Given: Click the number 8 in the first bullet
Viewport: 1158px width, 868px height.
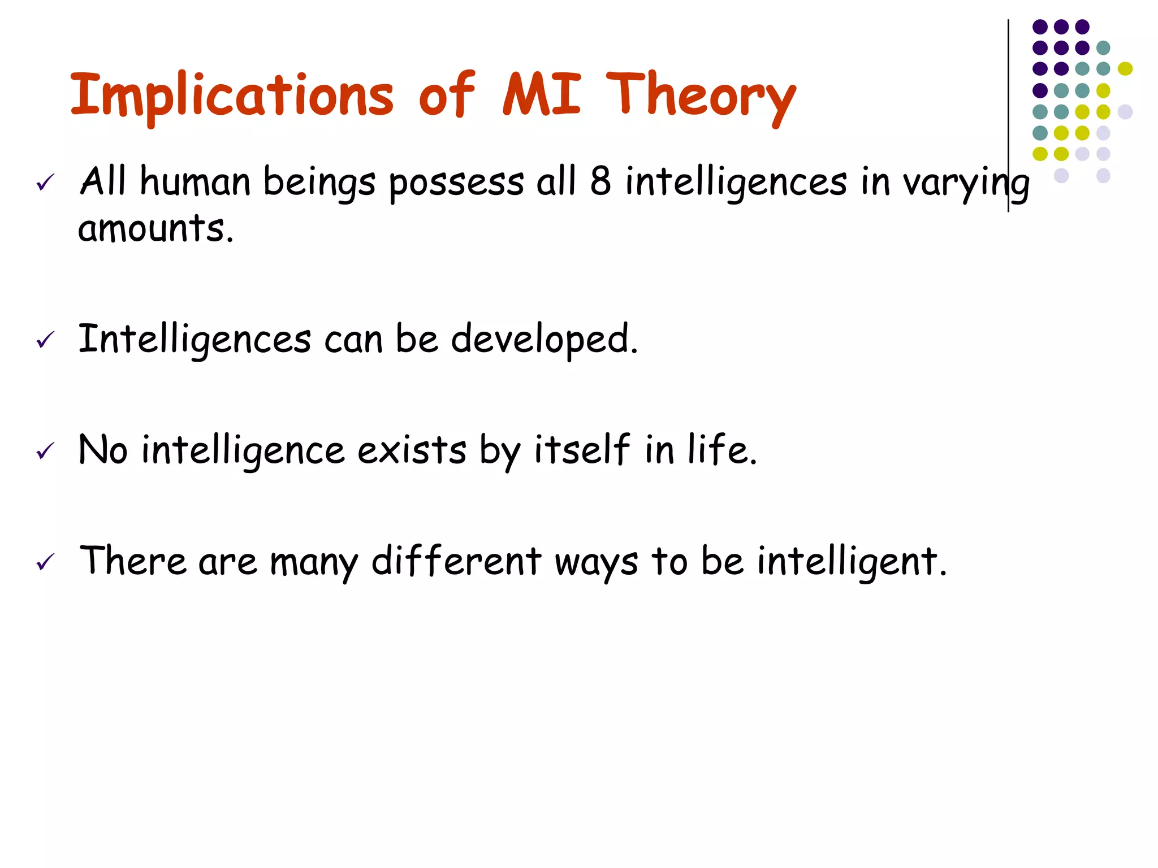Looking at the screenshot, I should (600, 181).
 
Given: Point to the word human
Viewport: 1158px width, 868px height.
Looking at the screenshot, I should (195, 182).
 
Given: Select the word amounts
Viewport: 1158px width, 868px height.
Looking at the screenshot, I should (155, 229).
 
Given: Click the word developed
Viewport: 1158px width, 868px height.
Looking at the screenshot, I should (544, 340).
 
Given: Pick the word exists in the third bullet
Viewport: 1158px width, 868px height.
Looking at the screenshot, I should (412, 450).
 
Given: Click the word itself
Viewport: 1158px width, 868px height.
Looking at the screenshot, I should (582, 450).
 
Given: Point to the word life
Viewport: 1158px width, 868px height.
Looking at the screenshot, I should (722, 450).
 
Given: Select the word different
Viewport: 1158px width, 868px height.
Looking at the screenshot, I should (456, 561).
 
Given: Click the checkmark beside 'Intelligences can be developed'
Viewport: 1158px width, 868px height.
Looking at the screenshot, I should (45, 340).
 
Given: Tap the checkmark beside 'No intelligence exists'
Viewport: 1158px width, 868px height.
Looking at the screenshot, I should (45, 450).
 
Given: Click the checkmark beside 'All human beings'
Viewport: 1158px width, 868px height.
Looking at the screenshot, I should (45, 182).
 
